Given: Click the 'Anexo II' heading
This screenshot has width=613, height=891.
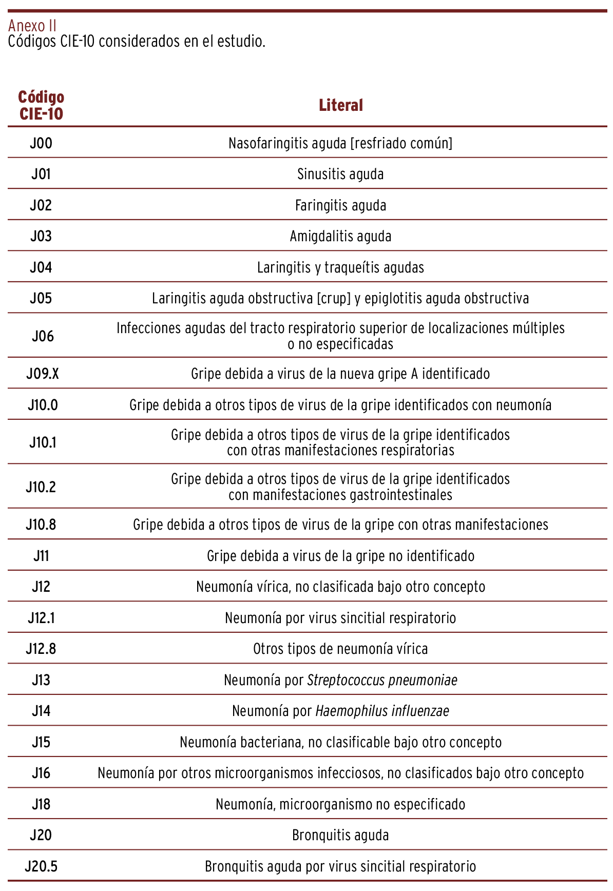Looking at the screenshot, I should [x=32, y=25].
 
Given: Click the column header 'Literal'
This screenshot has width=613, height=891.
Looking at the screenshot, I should [x=340, y=105].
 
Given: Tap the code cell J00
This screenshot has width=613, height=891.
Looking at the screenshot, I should [x=41, y=143].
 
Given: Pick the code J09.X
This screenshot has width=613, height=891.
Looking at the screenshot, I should [x=43, y=374].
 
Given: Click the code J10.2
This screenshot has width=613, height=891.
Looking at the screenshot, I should [x=41, y=487].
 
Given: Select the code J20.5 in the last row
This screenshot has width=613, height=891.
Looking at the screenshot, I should [x=41, y=866].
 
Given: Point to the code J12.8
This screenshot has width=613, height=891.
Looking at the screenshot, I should [x=41, y=649].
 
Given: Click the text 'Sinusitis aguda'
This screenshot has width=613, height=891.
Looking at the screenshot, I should [x=340, y=174].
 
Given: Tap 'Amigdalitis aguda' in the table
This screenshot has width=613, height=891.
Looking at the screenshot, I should [x=340, y=236].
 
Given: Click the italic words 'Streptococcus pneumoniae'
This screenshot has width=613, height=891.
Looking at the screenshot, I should [x=382, y=680].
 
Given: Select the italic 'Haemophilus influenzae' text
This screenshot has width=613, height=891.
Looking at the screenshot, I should [x=382, y=711].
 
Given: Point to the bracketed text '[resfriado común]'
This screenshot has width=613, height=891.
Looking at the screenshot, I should [x=401, y=143].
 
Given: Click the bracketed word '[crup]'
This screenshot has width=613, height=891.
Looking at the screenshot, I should [x=334, y=298].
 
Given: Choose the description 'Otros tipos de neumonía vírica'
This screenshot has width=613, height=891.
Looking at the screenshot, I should [x=340, y=649].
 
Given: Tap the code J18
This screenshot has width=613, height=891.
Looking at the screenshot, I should [x=41, y=804].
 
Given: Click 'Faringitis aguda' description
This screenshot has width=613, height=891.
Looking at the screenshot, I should [x=340, y=205].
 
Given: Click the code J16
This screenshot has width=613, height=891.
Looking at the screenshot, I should [x=41, y=773].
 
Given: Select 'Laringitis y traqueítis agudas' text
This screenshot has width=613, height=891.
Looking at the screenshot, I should [x=340, y=267].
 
